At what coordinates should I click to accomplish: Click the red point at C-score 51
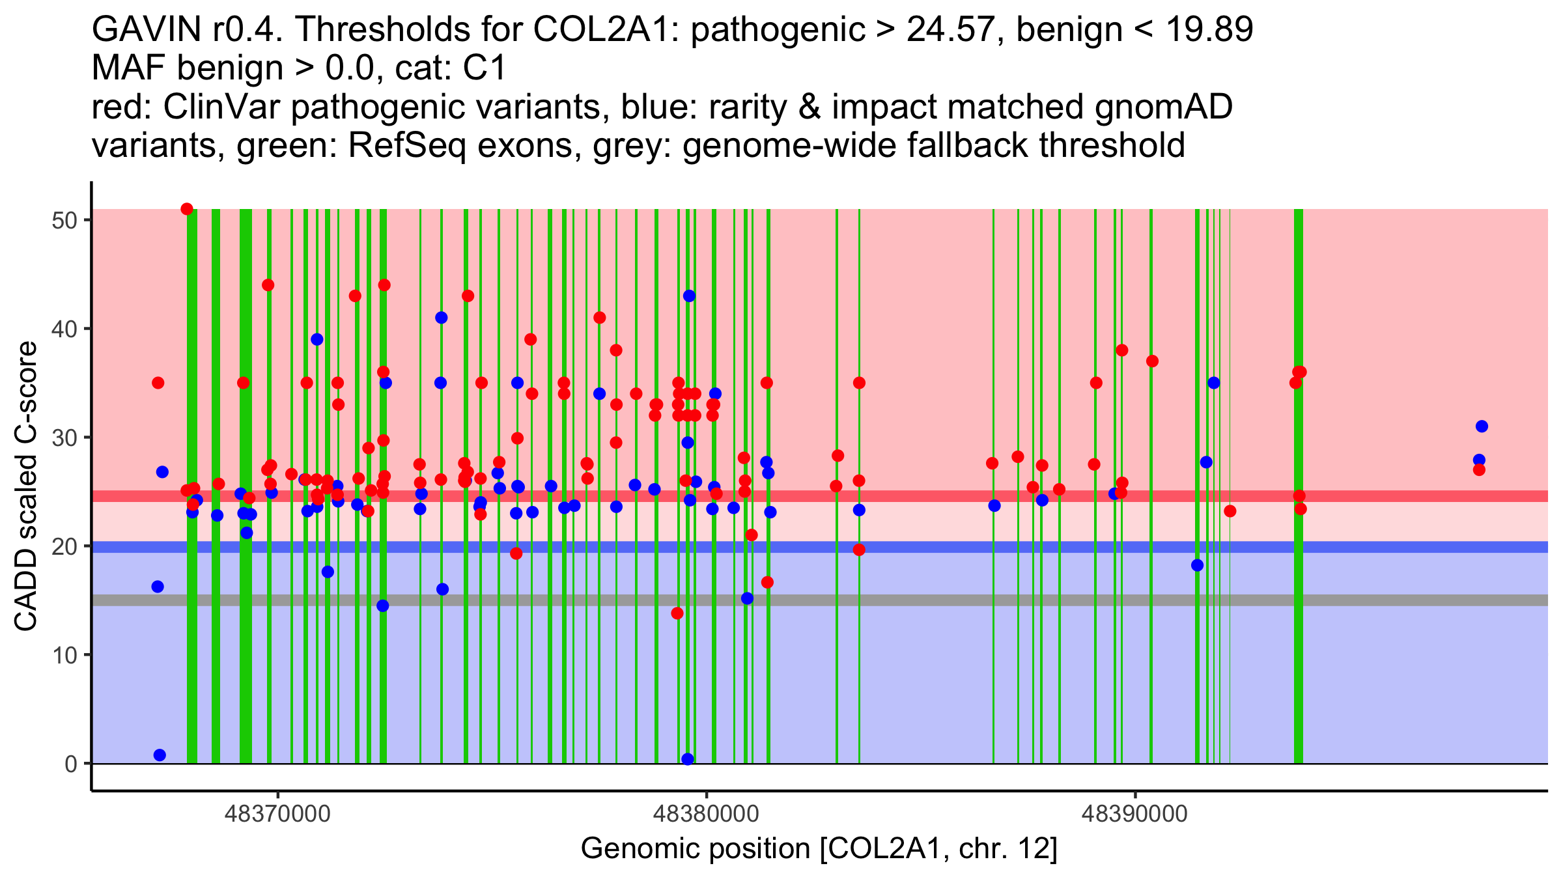[x=187, y=209]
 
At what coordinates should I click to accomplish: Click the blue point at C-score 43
[x=689, y=296]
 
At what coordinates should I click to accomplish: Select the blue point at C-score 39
[x=317, y=339]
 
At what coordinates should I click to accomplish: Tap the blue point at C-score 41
[x=441, y=318]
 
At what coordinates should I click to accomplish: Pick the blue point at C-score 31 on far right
[x=1482, y=426]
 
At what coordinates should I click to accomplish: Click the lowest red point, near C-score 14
[x=677, y=613]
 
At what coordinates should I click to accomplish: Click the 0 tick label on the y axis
[x=71, y=764]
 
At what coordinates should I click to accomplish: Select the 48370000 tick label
[x=277, y=815]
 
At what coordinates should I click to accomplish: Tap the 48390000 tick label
[x=1135, y=815]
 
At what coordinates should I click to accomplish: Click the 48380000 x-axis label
[x=707, y=815]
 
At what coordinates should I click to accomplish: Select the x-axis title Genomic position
[x=819, y=849]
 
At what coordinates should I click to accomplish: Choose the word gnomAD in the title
[x=1163, y=107]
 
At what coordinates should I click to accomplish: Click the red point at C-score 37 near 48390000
[x=1152, y=361]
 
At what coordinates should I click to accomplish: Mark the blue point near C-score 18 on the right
[x=1197, y=565]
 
